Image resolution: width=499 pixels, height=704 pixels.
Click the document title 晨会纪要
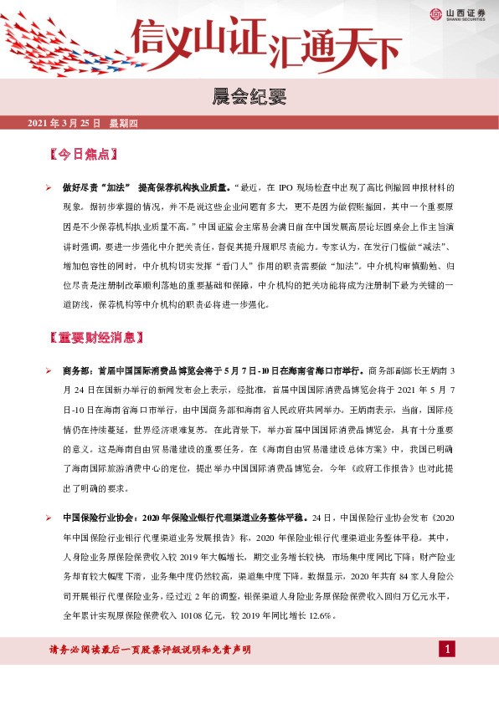[249, 98]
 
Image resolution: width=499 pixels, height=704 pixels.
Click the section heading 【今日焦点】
[82, 155]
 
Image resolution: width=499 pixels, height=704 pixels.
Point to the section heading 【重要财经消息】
[97, 338]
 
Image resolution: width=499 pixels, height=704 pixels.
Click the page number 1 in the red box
[448, 650]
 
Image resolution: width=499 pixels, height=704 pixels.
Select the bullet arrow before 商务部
[49, 370]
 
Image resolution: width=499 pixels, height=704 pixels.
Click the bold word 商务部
[77, 370]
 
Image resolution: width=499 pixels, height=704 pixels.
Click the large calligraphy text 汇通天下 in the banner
[335, 48]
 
